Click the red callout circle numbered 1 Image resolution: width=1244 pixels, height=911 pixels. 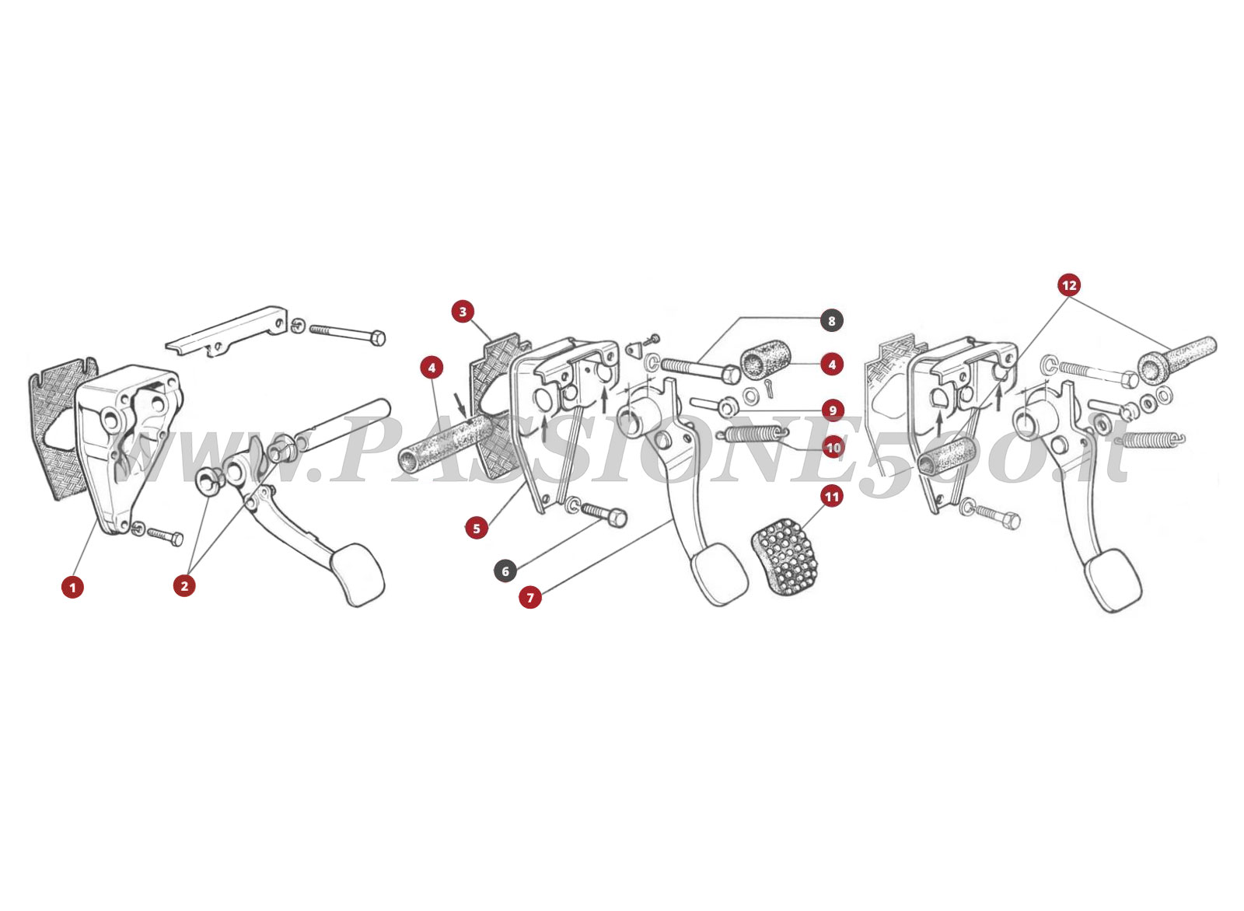(72, 587)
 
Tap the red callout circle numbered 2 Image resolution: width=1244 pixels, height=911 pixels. (184, 585)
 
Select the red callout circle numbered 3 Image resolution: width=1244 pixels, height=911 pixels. (463, 312)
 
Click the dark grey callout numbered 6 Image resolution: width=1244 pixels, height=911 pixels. (505, 571)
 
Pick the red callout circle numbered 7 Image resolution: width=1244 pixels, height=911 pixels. (530, 597)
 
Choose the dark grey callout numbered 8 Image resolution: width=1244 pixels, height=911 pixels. (831, 320)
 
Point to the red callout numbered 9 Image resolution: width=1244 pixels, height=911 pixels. (832, 410)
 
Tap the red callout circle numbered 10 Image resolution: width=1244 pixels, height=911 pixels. (833, 448)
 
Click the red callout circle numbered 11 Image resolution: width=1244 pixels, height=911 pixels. (832, 496)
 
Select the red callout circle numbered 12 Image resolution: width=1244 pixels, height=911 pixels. (1069, 285)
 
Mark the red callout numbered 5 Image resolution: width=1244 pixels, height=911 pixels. (476, 528)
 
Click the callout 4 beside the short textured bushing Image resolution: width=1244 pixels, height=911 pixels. (832, 363)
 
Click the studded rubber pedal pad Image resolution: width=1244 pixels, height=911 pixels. (787, 559)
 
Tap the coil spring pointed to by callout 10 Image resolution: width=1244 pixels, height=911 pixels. (754, 437)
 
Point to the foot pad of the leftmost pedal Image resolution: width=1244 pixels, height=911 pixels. (358, 575)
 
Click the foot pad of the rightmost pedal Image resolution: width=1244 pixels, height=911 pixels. (1114, 581)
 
